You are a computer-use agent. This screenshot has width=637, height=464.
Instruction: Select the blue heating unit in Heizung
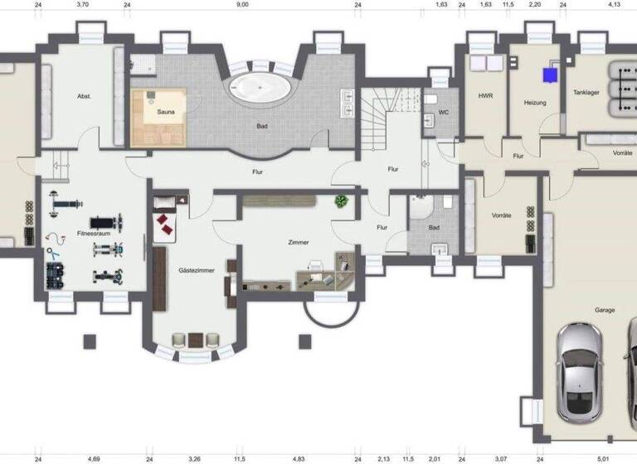point(549,75)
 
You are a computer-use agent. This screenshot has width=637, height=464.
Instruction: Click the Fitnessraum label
point(94,234)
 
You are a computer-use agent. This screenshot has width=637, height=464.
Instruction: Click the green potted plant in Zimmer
point(341,201)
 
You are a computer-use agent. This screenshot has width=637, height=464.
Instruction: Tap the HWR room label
point(485,96)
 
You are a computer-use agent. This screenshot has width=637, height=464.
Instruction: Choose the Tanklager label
point(586,92)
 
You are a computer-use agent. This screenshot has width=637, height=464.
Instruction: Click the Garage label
point(604,310)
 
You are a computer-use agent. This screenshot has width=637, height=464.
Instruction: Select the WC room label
point(443,113)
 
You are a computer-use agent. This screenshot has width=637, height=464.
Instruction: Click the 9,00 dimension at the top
point(241,4)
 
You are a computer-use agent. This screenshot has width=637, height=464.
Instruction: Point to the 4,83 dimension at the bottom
point(299,457)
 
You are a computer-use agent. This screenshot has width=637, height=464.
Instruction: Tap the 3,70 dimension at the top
point(82,4)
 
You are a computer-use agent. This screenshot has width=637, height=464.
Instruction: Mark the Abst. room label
point(83,96)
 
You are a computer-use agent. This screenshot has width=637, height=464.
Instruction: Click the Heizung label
point(535,102)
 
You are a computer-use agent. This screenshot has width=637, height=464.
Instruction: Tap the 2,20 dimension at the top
point(535,4)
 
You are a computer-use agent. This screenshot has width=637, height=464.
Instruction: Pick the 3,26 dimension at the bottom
point(194,457)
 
